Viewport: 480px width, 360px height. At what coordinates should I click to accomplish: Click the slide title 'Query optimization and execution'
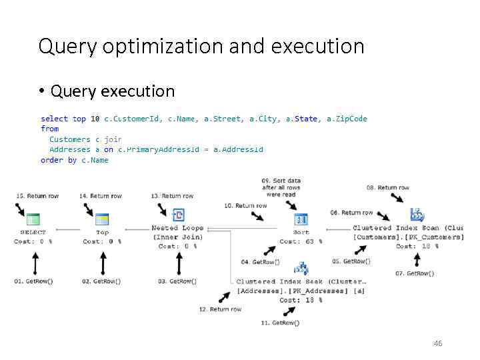click(x=201, y=47)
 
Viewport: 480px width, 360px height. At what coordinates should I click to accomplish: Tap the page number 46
click(x=438, y=343)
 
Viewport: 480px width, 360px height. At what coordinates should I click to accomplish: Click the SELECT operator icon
click(x=33, y=219)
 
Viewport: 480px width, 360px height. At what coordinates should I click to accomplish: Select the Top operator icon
click(x=102, y=219)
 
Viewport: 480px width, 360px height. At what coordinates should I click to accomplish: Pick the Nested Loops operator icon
click(x=178, y=215)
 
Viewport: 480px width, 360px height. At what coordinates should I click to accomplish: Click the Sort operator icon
click(x=301, y=219)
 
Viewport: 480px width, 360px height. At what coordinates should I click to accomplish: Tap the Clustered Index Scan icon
click(x=417, y=215)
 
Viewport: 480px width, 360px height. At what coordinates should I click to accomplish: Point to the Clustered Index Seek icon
click(x=301, y=269)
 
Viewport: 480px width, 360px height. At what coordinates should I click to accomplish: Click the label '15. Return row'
click(x=37, y=196)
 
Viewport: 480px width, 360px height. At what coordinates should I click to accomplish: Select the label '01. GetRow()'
click(x=33, y=281)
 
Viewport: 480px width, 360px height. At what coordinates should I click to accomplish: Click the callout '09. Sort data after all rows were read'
click(x=281, y=187)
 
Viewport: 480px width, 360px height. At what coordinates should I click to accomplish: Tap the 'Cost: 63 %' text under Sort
click(x=301, y=241)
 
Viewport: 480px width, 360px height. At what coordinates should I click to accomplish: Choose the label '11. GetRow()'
click(x=281, y=323)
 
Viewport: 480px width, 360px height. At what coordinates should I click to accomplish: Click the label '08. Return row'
click(x=387, y=188)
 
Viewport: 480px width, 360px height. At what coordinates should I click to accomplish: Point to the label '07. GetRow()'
click(x=415, y=273)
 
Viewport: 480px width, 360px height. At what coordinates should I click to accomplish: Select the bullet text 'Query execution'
click(x=113, y=91)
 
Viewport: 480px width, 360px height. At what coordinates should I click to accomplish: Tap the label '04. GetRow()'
click(x=261, y=261)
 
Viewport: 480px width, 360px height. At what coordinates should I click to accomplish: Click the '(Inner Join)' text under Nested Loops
click(x=177, y=237)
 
